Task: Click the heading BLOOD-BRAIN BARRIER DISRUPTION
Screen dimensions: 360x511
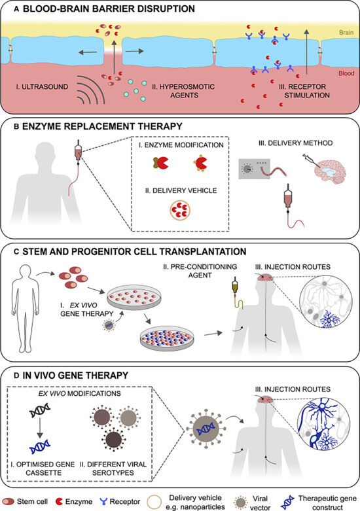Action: coord(109,9)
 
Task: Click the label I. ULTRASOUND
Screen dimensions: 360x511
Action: coord(42,86)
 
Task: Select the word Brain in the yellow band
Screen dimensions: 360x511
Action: coord(346,32)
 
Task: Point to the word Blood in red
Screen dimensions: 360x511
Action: coord(346,73)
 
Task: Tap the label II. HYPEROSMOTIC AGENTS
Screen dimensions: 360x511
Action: coord(183,91)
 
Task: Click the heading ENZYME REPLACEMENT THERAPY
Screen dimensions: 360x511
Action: coord(102,126)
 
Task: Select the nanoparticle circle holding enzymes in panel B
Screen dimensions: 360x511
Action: coord(180,210)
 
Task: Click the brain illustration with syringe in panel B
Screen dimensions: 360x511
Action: coord(327,171)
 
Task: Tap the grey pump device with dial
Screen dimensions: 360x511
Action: coord(255,169)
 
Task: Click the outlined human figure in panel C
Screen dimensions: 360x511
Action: coord(26,308)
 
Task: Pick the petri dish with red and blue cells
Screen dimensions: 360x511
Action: coord(166,338)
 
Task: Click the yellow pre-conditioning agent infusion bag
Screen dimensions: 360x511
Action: coord(234,286)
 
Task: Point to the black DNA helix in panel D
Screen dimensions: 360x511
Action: coord(40,410)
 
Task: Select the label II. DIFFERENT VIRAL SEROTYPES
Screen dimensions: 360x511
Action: coord(113,468)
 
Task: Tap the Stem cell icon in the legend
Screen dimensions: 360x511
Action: coord(8,501)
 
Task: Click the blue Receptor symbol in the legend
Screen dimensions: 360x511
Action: coord(103,501)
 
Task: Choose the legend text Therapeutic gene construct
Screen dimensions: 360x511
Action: coord(327,503)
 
